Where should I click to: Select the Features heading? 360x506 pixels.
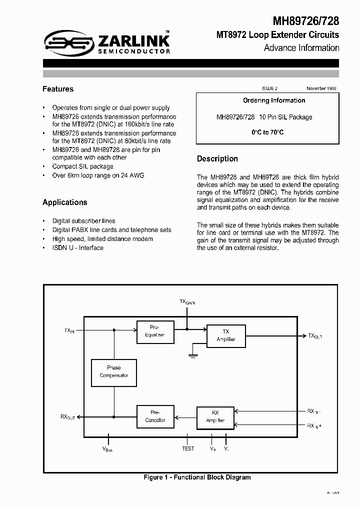58,89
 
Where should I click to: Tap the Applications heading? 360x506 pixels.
65,202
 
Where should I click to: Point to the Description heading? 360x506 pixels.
217,158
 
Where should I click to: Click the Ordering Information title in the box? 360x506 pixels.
274,100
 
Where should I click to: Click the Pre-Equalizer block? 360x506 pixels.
155,331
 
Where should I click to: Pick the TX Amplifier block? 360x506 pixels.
226,335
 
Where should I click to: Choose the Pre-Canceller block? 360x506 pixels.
155,416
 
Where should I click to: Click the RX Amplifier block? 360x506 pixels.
215,416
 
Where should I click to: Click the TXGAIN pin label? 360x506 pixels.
187,302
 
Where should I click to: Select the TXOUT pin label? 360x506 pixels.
315,336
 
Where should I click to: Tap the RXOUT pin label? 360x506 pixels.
67,416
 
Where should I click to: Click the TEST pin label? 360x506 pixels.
188,448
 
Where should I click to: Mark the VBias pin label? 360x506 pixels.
107,449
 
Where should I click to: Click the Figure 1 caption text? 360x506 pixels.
197,477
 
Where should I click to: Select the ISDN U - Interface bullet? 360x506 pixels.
77,248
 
